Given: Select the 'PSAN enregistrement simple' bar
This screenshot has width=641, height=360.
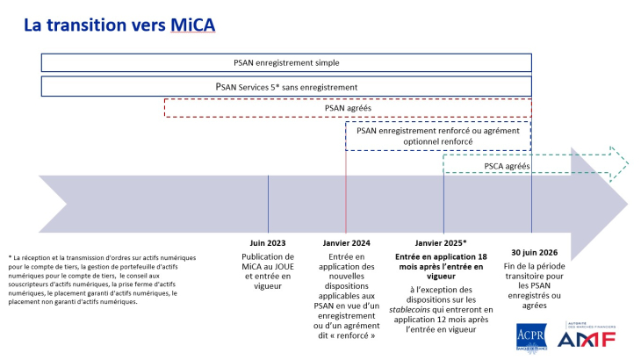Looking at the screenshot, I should [286, 63].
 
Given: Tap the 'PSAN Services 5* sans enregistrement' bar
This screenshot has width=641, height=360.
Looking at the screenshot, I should [286, 87].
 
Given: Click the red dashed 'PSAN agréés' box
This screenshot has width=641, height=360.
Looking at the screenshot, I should [348, 108].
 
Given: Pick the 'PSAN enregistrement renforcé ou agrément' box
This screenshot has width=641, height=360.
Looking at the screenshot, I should [438, 134].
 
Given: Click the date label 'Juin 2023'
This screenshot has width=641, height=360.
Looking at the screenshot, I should [268, 243].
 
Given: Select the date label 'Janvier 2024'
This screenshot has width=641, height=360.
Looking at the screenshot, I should [345, 243].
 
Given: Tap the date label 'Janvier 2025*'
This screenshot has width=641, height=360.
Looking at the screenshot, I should [440, 243].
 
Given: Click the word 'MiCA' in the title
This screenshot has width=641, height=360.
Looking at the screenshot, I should [191, 25].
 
